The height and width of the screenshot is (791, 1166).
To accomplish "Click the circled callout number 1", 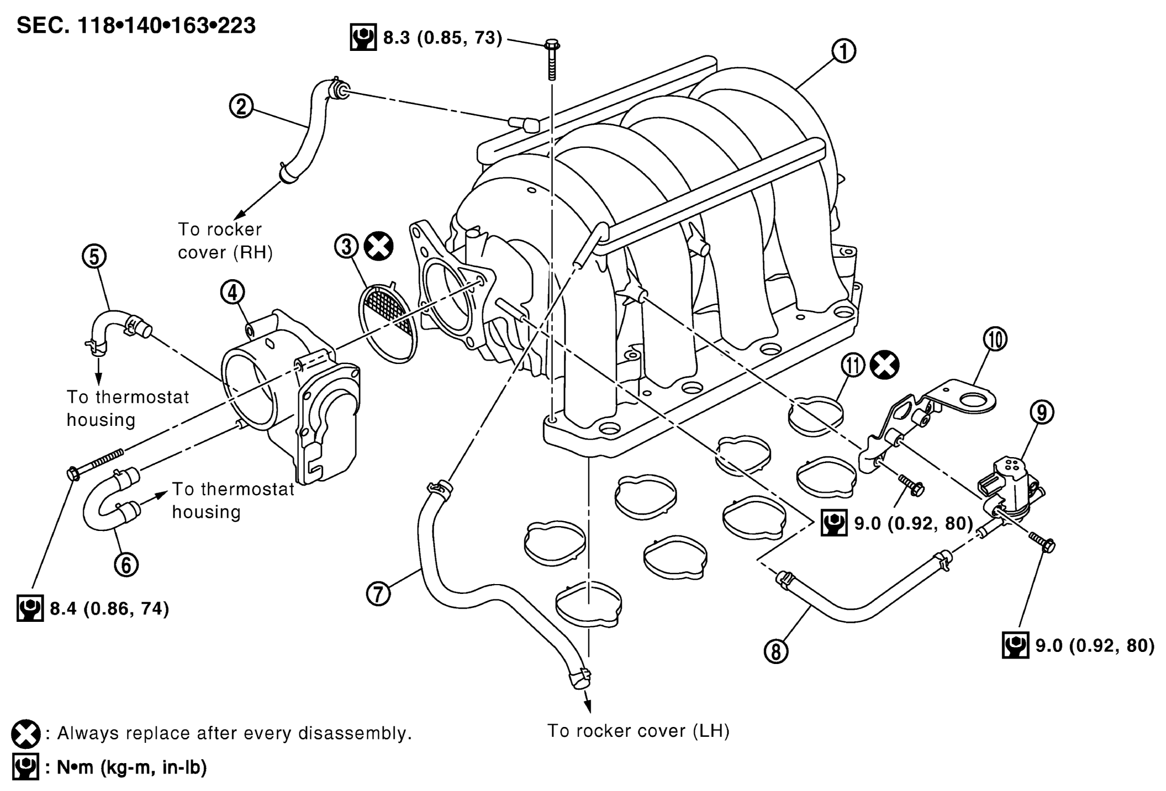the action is (x=844, y=51).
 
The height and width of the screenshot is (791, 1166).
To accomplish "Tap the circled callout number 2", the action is (x=241, y=107).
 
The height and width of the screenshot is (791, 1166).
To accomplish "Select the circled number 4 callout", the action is (x=233, y=293).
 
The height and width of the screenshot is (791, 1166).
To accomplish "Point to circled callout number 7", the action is (x=378, y=593).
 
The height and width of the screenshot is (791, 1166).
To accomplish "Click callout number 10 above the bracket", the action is (x=995, y=339).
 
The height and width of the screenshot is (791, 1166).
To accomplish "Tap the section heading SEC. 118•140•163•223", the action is (x=136, y=26).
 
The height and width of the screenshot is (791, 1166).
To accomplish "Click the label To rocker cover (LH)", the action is (x=639, y=731).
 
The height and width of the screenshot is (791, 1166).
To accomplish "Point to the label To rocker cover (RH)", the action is (x=225, y=241).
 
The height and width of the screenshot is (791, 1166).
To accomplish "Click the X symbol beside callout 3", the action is (x=379, y=246).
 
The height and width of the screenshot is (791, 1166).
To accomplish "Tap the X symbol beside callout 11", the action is (x=885, y=366).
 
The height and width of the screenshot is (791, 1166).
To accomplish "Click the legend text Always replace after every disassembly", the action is (x=234, y=733).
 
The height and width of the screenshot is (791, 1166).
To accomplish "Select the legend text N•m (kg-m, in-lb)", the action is (x=132, y=767).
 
